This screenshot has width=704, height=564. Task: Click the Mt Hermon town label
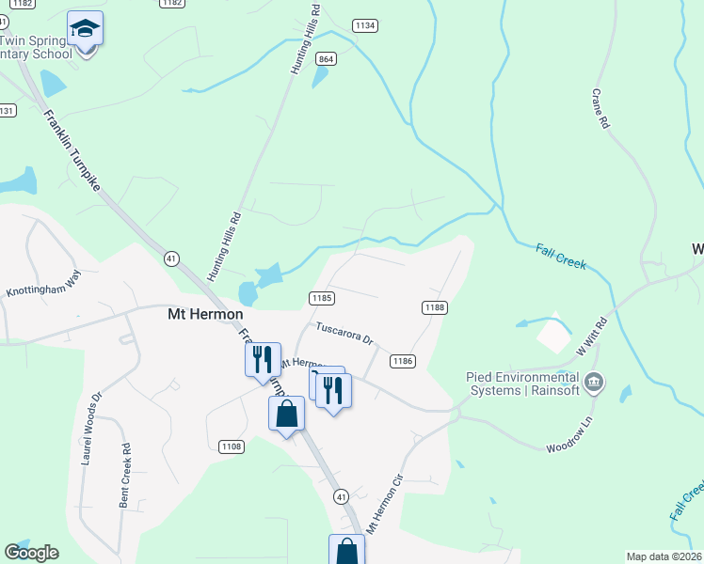[x=204, y=314]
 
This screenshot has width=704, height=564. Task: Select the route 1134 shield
[x=365, y=25]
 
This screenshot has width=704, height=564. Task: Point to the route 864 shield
[x=326, y=58]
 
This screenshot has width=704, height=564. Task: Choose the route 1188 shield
[x=434, y=307]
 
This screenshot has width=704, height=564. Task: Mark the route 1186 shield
[x=403, y=361]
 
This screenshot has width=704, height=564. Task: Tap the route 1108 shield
[x=231, y=446]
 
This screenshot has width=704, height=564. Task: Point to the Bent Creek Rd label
[x=124, y=476]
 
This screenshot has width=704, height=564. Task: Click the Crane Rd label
[x=600, y=109]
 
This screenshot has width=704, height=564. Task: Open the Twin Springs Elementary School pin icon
[x=86, y=31]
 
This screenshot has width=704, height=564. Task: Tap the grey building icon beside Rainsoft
[x=594, y=383]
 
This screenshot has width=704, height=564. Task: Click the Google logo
[x=31, y=553]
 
